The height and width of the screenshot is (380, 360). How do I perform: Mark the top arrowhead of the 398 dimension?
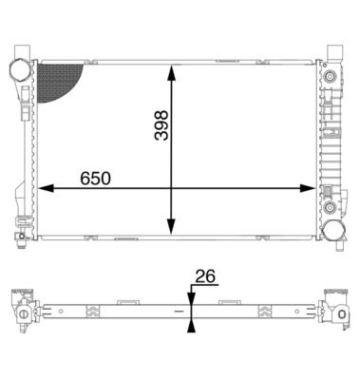pos(171,72)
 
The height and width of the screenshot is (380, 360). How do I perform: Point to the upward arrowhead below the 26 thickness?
pos(192,324)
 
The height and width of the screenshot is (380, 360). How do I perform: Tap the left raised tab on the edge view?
pos(125,301)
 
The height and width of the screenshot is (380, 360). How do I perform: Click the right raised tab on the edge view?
pos(230,301)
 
